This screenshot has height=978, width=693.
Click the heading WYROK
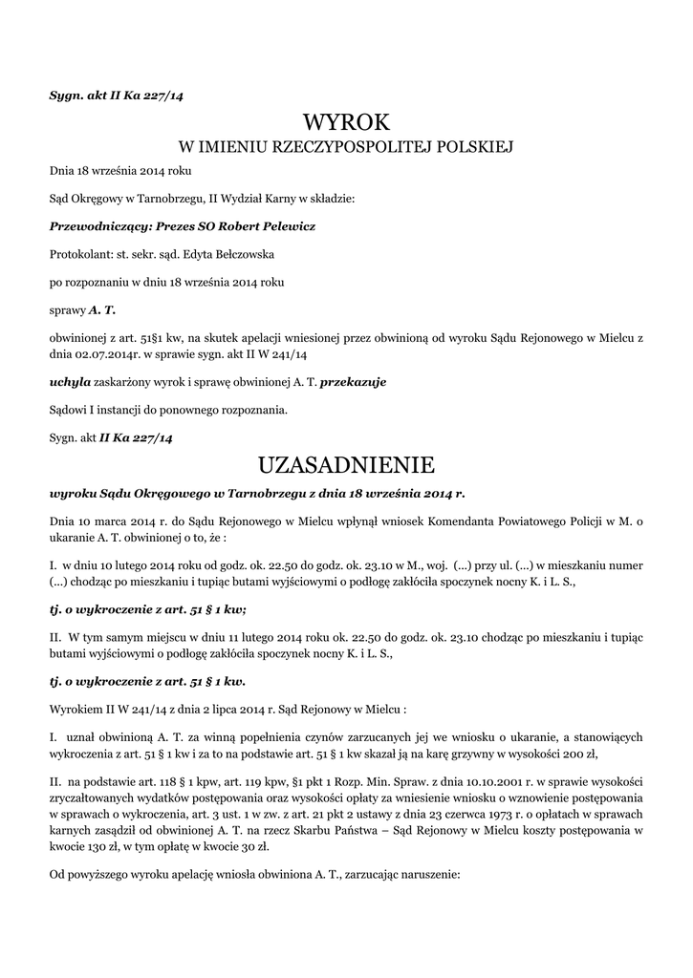[x=347, y=123]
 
